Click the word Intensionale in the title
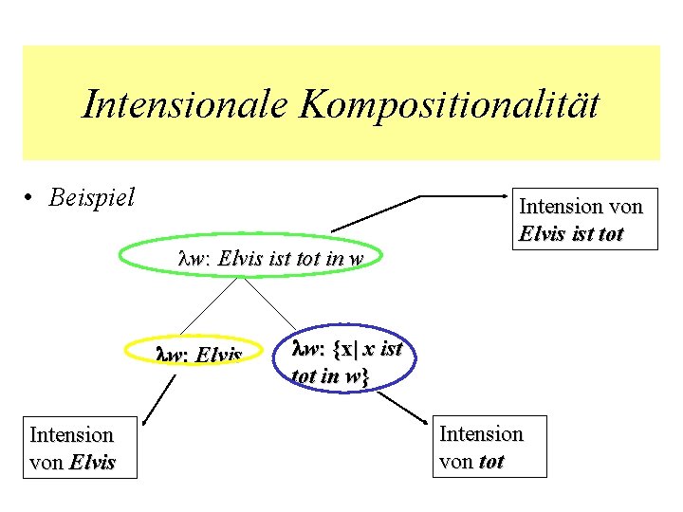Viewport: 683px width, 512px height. coord(185,104)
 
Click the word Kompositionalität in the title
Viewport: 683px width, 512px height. coord(450,104)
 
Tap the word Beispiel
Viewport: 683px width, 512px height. coord(91,198)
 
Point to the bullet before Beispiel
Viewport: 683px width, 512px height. coord(32,198)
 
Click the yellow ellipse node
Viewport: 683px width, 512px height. coord(198,355)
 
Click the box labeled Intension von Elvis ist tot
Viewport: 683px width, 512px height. coord(581,219)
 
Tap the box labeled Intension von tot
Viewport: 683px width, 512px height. coord(481,447)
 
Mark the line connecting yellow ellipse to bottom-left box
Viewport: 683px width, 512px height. coord(157,396)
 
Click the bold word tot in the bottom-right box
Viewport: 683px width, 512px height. coord(491,462)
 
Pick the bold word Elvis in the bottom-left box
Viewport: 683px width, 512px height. coord(92,463)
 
